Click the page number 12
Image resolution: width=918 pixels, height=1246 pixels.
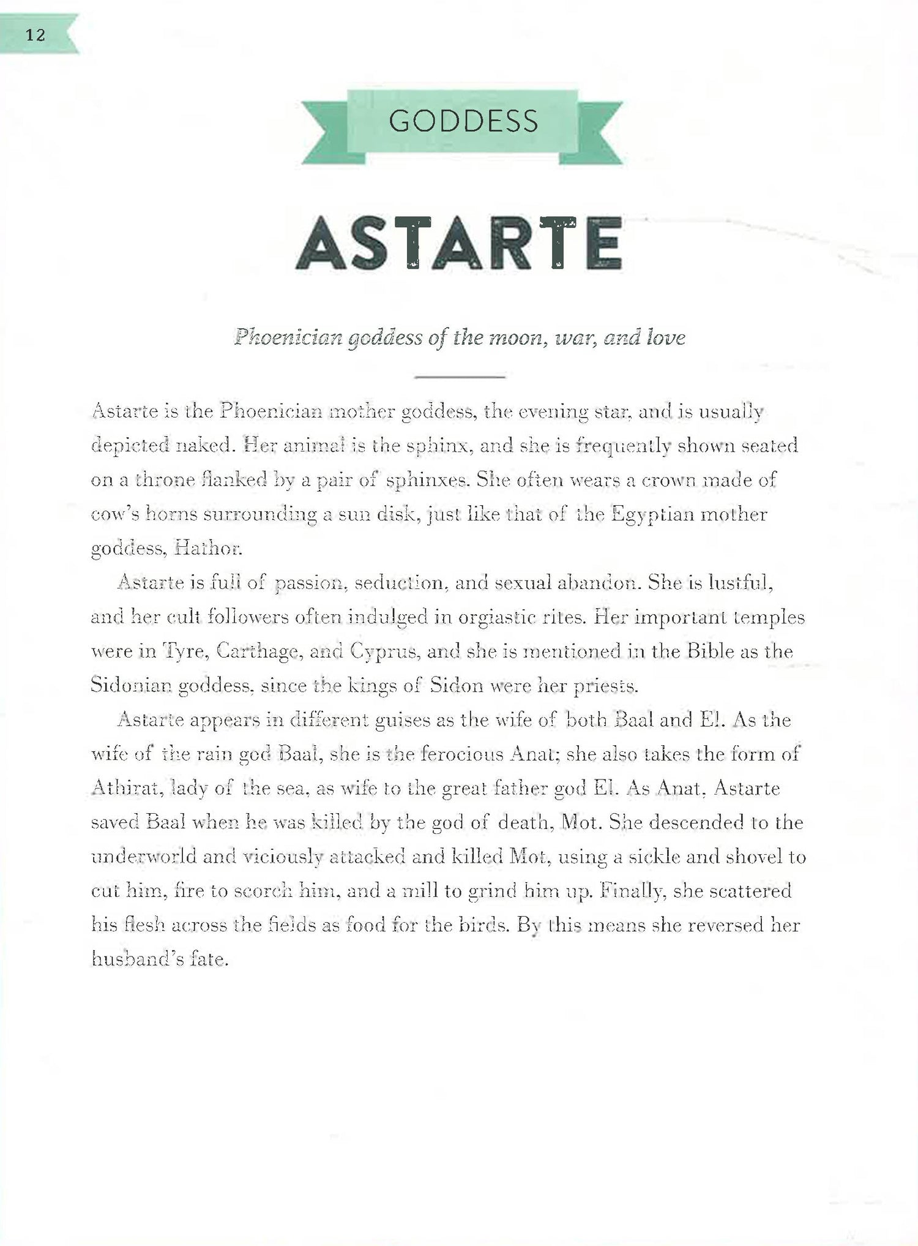[35, 35]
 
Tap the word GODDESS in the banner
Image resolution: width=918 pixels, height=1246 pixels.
[463, 121]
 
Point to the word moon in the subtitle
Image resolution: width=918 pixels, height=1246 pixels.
[510, 337]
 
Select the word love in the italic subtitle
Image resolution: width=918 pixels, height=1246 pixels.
[666, 337]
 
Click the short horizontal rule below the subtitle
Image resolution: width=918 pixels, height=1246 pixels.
[459, 377]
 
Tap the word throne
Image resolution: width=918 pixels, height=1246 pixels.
[165, 479]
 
